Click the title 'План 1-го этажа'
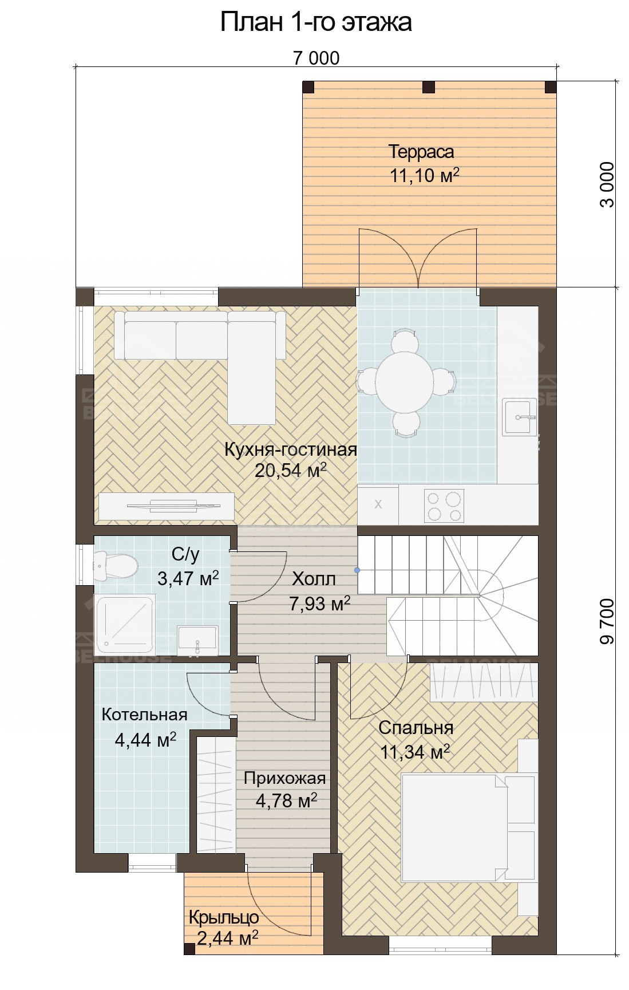click(x=316, y=22)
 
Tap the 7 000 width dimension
click(x=316, y=58)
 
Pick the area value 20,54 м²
click(x=291, y=471)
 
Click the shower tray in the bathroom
click(x=125, y=625)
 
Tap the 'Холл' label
click(x=314, y=579)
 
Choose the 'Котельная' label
click(x=144, y=715)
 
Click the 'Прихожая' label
click(x=284, y=778)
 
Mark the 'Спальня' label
click(x=416, y=728)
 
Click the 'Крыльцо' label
click(x=224, y=917)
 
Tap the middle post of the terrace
click(x=428, y=87)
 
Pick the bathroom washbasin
click(x=197, y=640)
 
